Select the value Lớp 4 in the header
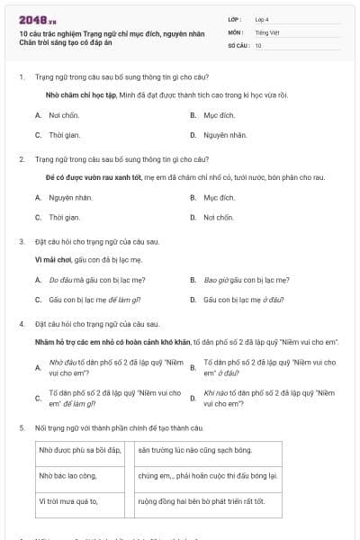coord(262,18)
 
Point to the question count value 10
coord(258,44)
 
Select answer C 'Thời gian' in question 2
coord(64,217)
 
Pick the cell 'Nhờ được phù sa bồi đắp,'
coord(79,449)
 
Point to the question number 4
coord(21,322)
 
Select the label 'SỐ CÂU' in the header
coord(238,44)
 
